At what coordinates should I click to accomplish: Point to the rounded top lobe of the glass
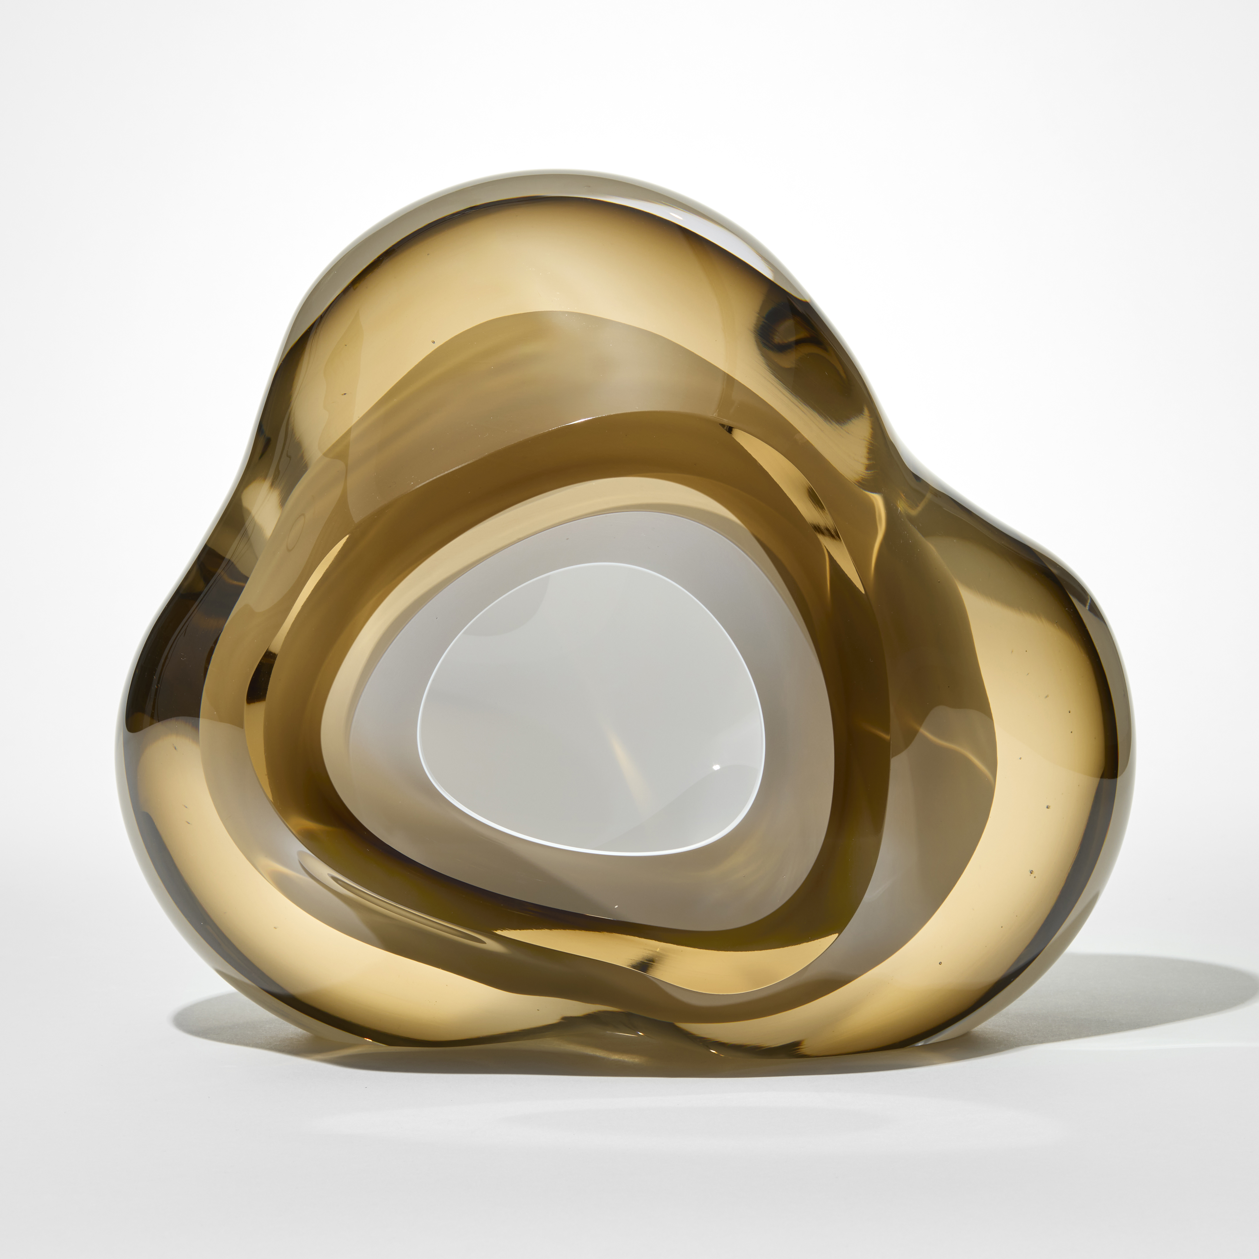pos(521,261)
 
